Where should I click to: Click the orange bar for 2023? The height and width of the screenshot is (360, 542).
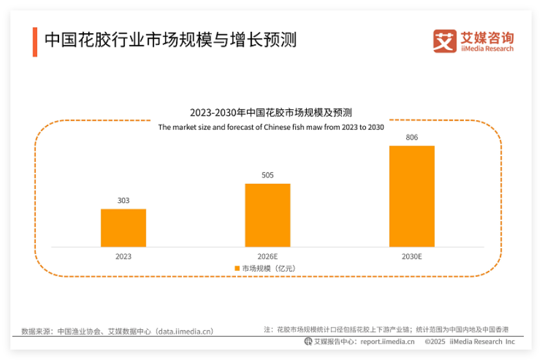[123, 227]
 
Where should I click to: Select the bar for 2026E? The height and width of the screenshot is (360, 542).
[268, 215]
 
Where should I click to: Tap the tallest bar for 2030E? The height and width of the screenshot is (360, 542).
[411, 196]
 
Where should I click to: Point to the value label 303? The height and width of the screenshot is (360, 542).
[123, 201]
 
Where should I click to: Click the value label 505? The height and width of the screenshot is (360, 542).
[268, 175]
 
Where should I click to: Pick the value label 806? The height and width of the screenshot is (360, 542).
[411, 137]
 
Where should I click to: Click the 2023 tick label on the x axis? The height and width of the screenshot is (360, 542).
[123, 257]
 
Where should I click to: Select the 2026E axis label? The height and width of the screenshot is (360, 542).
[268, 257]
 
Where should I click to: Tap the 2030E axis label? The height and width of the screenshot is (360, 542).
[411, 257]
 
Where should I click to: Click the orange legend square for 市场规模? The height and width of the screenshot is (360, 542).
[237, 268]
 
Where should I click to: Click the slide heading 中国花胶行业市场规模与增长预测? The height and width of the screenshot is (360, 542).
[170, 41]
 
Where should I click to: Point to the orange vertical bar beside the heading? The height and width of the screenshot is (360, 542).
[35, 42]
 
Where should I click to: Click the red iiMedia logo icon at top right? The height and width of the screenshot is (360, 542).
[445, 40]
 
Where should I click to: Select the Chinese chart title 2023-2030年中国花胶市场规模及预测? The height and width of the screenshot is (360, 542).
[271, 112]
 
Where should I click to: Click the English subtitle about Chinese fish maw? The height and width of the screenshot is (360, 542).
[271, 127]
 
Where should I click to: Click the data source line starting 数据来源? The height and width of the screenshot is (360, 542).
[117, 331]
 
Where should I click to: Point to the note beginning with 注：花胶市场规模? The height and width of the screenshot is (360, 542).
[386, 329]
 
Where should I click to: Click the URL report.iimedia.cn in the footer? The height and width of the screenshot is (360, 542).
[387, 342]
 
